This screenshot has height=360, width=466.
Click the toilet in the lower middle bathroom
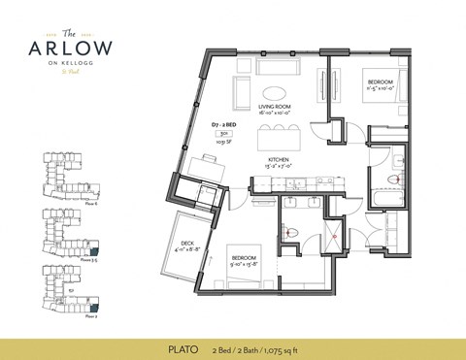click(292, 232)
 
